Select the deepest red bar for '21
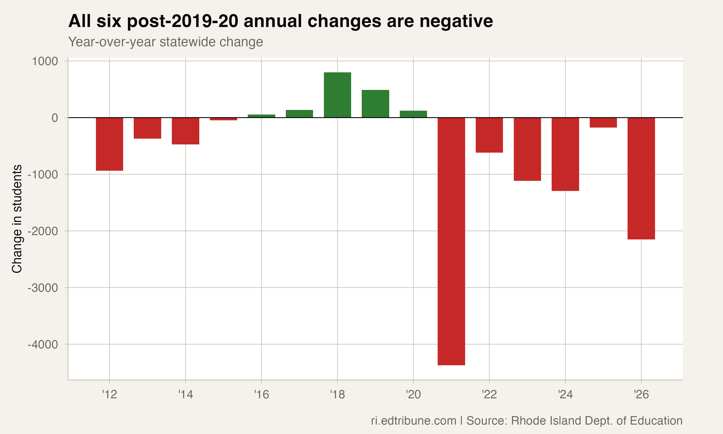pos(451,241)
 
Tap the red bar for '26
pos(641,178)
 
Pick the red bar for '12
pos(110,144)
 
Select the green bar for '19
pos(375,104)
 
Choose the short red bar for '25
pos(603,122)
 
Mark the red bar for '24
pos(565,154)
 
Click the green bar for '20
pos(413,114)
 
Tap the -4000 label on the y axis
pos(43,345)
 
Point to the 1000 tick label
pos(45,61)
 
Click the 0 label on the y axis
pos(55,118)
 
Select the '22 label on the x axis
pos(489,394)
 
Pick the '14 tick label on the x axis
pos(186,394)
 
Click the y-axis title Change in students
pos(17,219)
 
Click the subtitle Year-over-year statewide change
pos(165,42)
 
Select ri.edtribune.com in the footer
pos(414,420)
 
